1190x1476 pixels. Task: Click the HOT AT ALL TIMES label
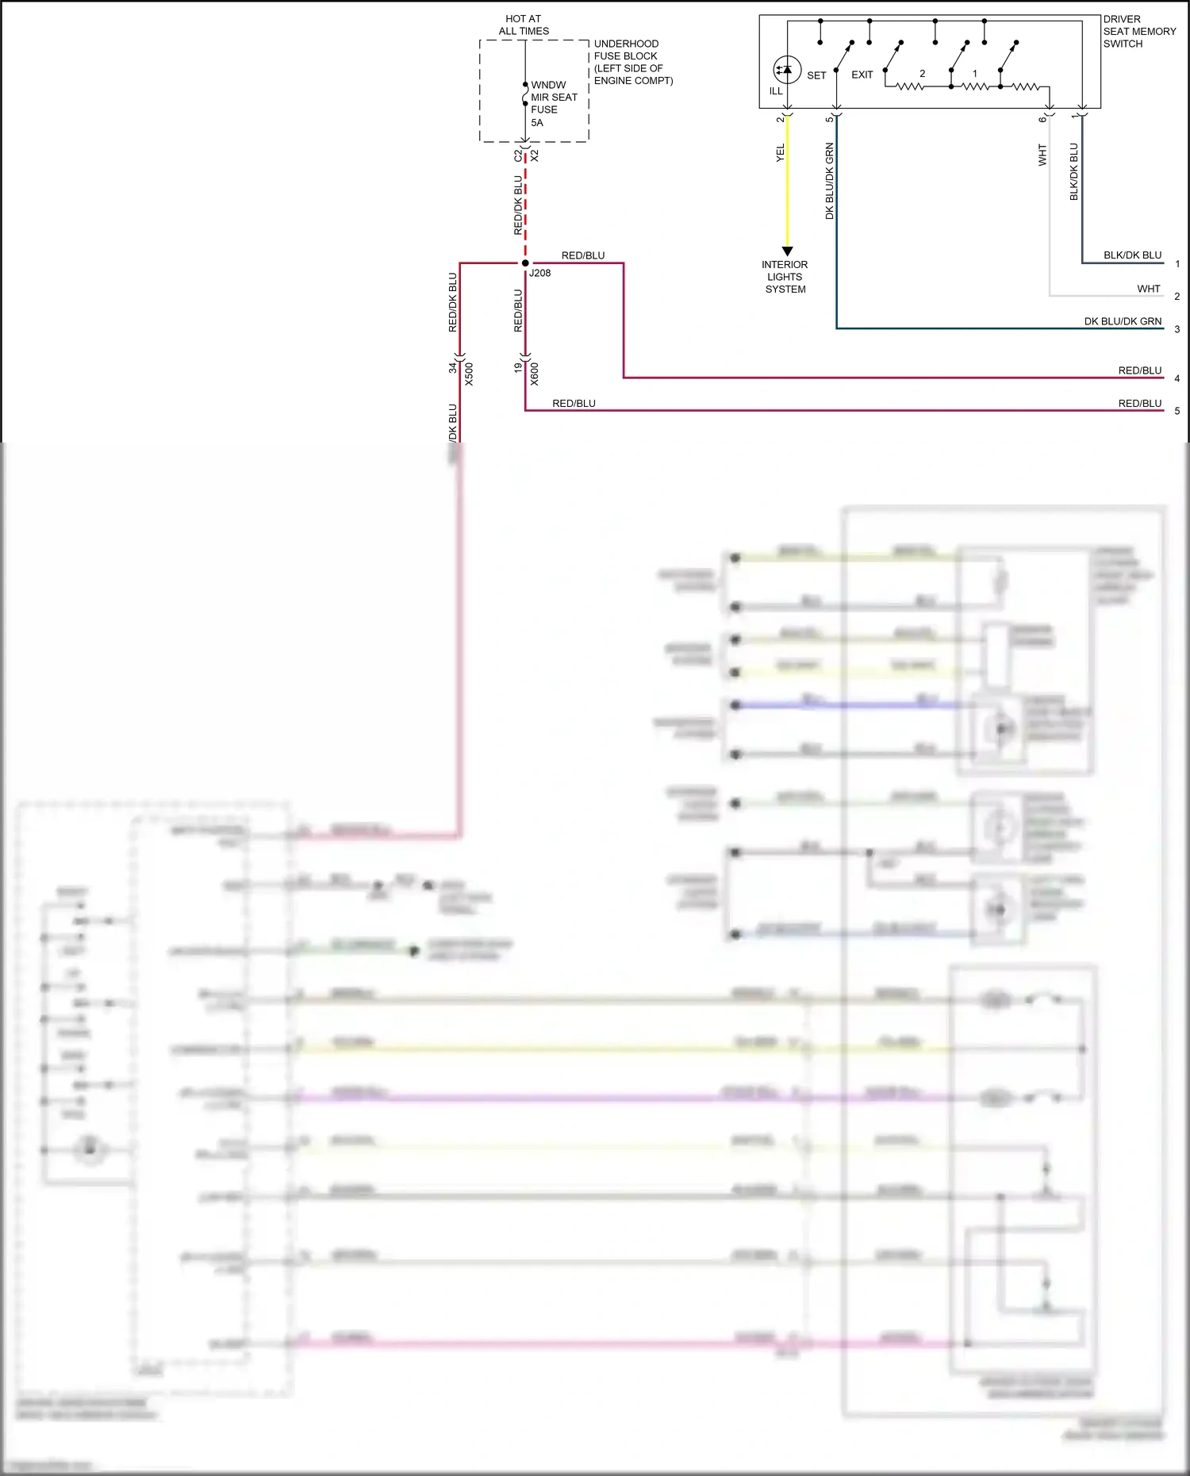pyautogui.click(x=524, y=25)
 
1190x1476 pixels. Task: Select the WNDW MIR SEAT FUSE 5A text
pyautogui.click(x=554, y=103)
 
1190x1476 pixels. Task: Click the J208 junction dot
pyautogui.click(x=525, y=263)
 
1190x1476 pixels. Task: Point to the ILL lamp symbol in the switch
pyautogui.click(x=786, y=70)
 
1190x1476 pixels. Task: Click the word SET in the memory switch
pyautogui.click(x=816, y=75)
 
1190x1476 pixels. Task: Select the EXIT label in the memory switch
pyautogui.click(x=862, y=75)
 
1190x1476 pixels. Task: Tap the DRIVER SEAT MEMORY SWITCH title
pyautogui.click(x=1139, y=32)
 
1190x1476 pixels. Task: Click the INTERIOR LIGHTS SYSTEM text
pyautogui.click(x=785, y=277)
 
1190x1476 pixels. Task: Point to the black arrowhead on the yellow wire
pyautogui.click(x=787, y=251)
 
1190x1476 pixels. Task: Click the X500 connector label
pyautogui.click(x=469, y=374)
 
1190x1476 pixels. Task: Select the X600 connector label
pyautogui.click(x=535, y=374)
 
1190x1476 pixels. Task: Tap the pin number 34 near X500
pyautogui.click(x=453, y=367)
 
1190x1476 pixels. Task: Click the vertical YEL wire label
pyautogui.click(x=780, y=153)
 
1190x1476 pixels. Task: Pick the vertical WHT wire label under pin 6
pyautogui.click(x=1042, y=155)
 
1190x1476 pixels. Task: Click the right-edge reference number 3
pyautogui.click(x=1177, y=329)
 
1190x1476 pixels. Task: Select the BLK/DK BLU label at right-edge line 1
pyautogui.click(x=1132, y=255)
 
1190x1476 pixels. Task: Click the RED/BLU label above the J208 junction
pyautogui.click(x=583, y=255)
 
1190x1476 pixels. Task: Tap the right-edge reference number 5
pyautogui.click(x=1177, y=411)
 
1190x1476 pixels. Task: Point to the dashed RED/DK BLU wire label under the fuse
pyautogui.click(x=518, y=205)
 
